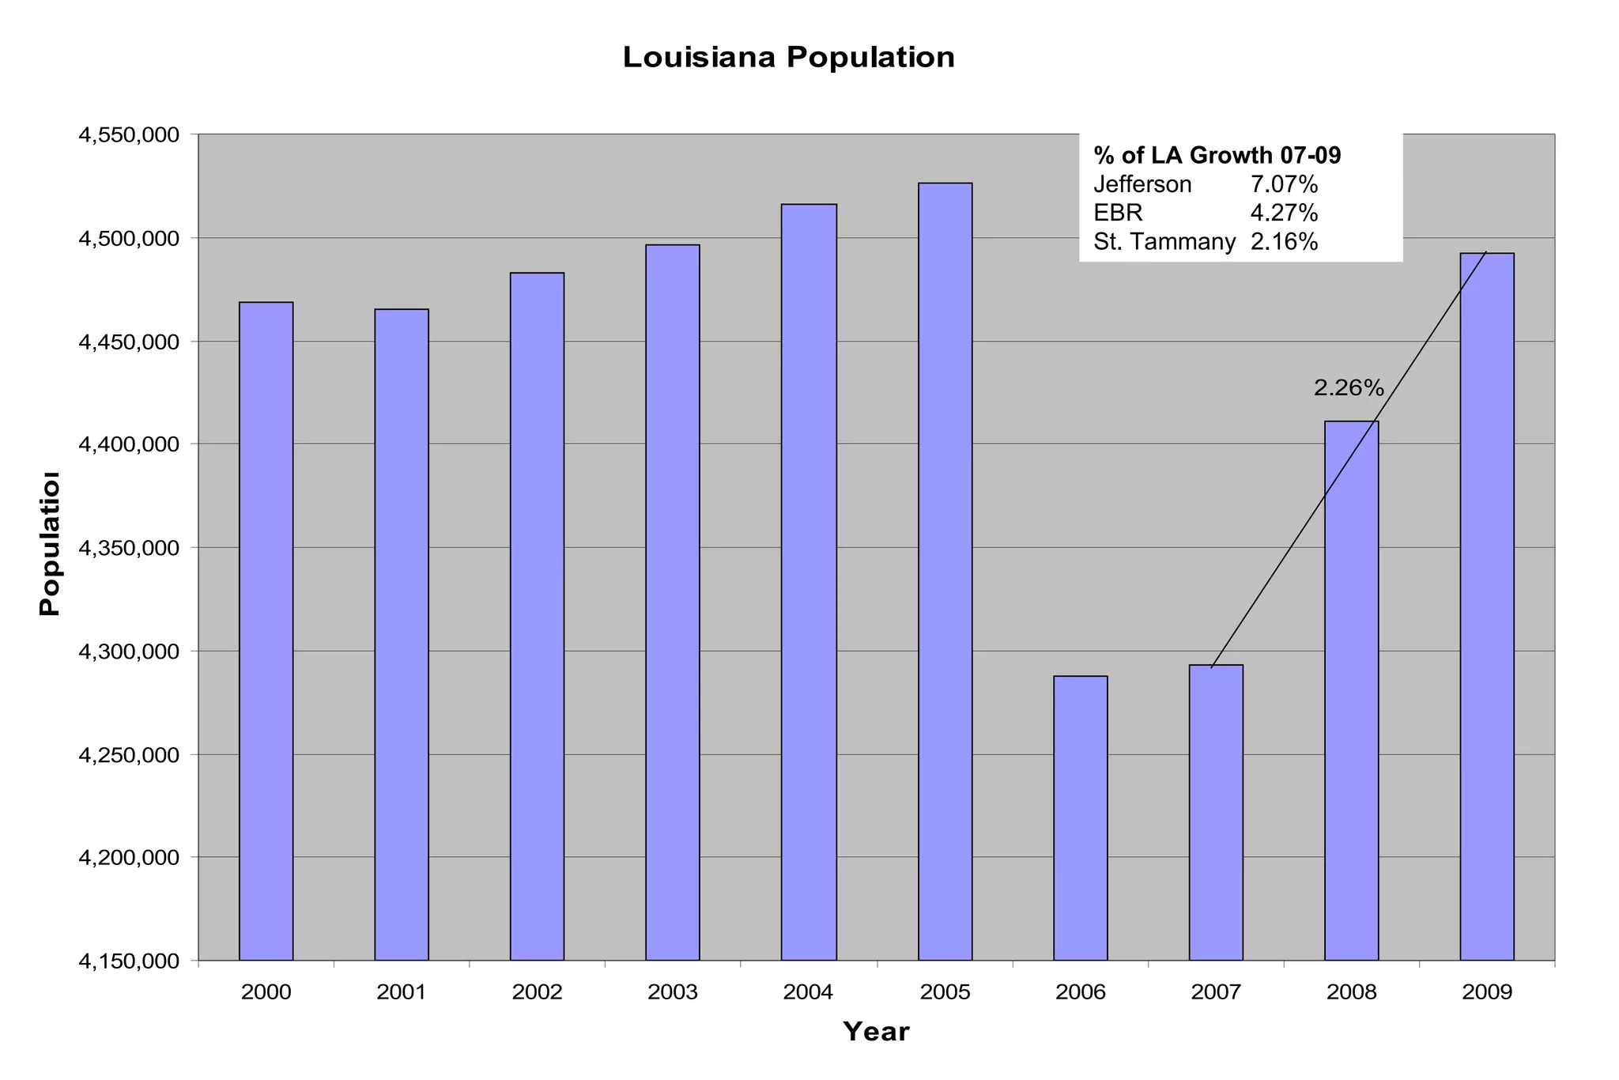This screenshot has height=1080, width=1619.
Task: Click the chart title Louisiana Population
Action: pos(788,58)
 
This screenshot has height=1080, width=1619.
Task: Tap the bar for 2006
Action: pos(1080,818)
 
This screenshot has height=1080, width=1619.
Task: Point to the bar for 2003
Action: pos(673,602)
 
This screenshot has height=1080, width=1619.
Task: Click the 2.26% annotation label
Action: pos(1349,388)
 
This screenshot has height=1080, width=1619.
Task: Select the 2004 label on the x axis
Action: pos(808,992)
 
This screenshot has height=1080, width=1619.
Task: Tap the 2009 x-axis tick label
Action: pos(1487,992)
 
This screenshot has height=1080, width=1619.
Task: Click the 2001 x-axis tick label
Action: pos(402,992)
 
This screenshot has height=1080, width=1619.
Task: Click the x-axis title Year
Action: pos(876,1032)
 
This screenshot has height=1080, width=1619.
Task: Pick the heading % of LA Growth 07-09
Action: pos(1217,156)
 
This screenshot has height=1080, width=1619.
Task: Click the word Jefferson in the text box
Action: pos(1142,184)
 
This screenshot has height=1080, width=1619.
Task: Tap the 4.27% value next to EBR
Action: pos(1284,213)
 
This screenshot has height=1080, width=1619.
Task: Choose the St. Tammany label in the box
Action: pos(1164,242)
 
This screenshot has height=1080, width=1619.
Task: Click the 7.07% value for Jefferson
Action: pos(1284,184)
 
